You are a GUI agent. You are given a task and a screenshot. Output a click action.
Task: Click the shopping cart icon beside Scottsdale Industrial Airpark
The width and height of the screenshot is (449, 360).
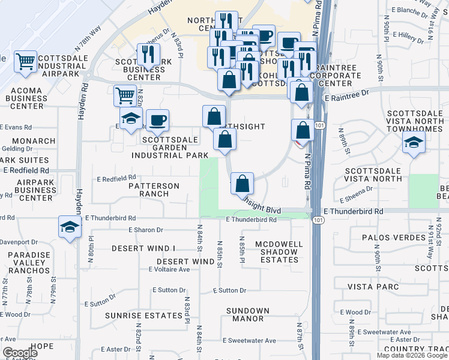tap(25, 61)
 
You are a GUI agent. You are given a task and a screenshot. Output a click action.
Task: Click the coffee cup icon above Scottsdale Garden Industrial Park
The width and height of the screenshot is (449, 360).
tap(157, 119)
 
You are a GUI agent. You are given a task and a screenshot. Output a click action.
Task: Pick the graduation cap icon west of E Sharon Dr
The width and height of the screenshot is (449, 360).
tap(70, 227)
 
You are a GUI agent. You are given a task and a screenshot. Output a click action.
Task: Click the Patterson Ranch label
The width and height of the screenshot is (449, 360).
tap(154, 190)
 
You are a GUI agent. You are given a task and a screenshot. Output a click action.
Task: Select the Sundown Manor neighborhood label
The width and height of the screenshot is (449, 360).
tap(247, 314)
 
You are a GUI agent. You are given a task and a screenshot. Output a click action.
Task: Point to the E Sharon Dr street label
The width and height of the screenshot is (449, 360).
tap(146, 230)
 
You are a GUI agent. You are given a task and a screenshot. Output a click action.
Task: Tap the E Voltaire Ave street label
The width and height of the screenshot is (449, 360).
tap(169, 269)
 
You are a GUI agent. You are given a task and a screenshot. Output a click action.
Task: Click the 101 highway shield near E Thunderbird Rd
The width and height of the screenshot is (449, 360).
tap(316, 221)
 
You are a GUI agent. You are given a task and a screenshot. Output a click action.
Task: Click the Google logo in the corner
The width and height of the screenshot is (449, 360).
tap(20, 353)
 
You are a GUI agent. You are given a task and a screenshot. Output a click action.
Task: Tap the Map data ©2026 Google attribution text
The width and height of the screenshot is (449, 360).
tap(411, 355)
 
